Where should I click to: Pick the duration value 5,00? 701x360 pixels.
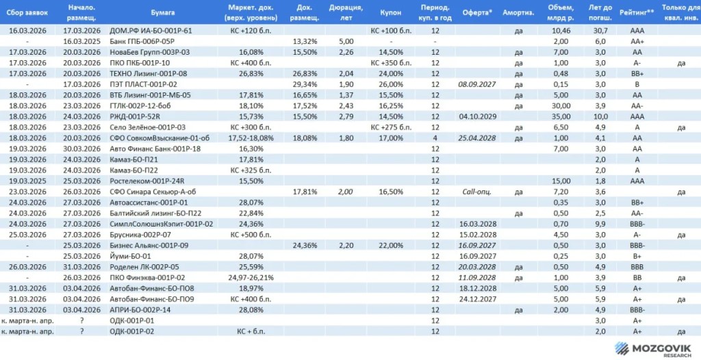point(346,41)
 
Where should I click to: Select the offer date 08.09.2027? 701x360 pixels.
point(477,84)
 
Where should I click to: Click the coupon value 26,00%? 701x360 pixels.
point(391,84)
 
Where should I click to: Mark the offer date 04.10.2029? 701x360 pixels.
point(477,117)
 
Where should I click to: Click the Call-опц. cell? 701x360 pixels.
point(477,192)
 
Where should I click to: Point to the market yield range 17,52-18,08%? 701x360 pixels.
point(250,138)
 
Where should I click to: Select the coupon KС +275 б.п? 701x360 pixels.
point(391,127)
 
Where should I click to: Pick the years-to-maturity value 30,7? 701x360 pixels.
point(599,30)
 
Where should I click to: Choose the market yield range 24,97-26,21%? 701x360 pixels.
point(250,278)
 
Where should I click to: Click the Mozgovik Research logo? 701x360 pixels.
point(652,349)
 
